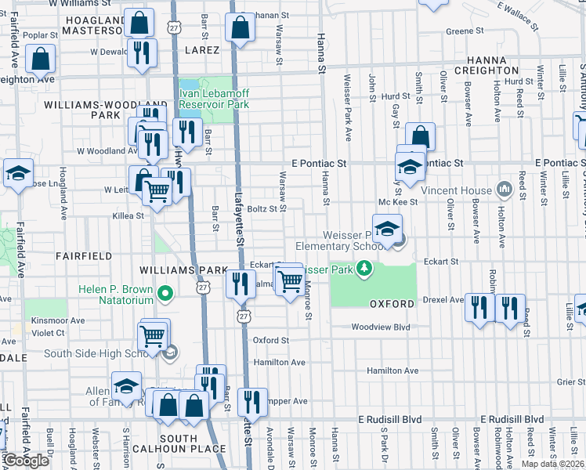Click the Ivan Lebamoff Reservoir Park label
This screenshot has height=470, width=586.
(x=214, y=98)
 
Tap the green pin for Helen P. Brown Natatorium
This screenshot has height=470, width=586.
(x=165, y=295)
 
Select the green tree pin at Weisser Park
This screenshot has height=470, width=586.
(x=364, y=269)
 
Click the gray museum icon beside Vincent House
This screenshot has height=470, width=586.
(x=504, y=190)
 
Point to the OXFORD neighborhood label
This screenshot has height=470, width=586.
(x=392, y=304)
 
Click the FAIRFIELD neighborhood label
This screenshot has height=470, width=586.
(x=83, y=256)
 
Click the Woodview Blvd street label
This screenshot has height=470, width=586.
(x=381, y=327)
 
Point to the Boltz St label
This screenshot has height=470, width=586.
(x=262, y=208)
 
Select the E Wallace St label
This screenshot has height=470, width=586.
(x=518, y=15)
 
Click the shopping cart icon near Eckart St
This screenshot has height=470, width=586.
(x=290, y=280)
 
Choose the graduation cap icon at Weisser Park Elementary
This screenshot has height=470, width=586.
(x=387, y=230)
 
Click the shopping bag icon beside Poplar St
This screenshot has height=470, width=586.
(x=39, y=59)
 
